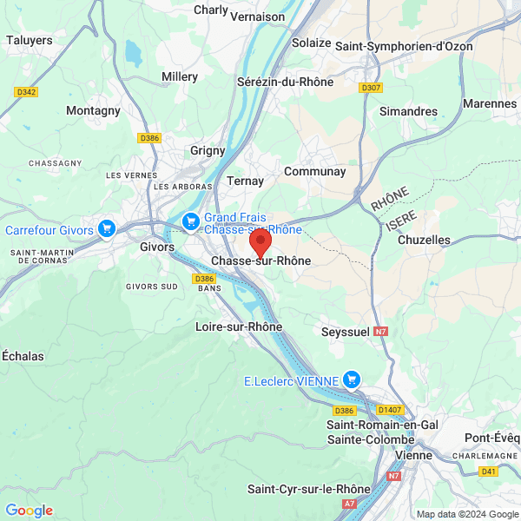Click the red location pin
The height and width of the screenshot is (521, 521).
pyautogui.click(x=260, y=241)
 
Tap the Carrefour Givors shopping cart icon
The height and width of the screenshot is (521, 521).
pyautogui.click(x=107, y=228)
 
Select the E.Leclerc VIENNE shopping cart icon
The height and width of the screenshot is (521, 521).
pyautogui.click(x=352, y=379)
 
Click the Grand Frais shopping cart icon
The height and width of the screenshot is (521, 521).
pyautogui.click(x=191, y=223)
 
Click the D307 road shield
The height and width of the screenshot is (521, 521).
pyautogui.click(x=371, y=88)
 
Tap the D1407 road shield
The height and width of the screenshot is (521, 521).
pyautogui.click(x=389, y=409)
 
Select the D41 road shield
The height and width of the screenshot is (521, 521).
pyautogui.click(x=489, y=472)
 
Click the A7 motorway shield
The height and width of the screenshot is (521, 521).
pyautogui.click(x=350, y=504)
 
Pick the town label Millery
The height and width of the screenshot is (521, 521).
pyautogui.click(x=180, y=76)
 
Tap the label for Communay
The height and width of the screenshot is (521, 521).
pyautogui.click(x=315, y=171)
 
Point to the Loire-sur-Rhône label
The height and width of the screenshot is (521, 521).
pyautogui.click(x=239, y=326)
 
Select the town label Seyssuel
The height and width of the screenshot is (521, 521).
pyautogui.click(x=345, y=332)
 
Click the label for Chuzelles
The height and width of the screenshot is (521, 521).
pyautogui.click(x=424, y=239)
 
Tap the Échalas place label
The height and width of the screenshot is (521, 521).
pyautogui.click(x=23, y=355)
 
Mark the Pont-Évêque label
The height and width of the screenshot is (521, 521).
pyautogui.click(x=492, y=437)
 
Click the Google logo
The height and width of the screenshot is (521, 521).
pyautogui.click(x=30, y=510)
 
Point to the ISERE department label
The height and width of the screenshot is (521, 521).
pyautogui.click(x=401, y=221)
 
